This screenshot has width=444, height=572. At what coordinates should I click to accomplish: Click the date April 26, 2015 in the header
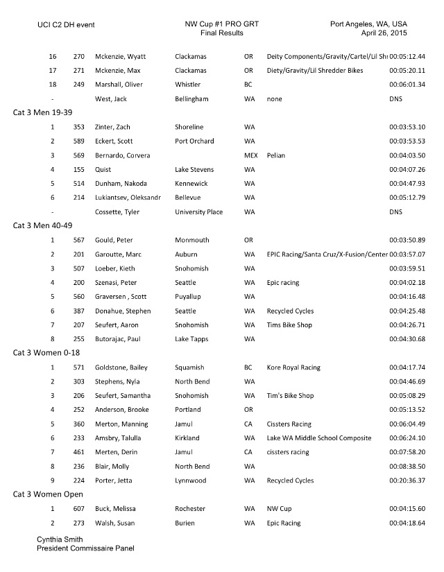384,33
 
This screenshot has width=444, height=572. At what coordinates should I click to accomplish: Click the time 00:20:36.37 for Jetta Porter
408,480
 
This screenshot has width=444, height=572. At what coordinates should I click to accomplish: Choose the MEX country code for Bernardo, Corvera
250,155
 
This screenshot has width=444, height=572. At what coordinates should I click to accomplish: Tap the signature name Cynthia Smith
61,539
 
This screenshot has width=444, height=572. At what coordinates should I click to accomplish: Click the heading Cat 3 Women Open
47,494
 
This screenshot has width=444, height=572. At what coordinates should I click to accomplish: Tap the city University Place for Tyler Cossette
199,211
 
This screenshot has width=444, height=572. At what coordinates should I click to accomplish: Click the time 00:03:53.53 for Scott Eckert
408,141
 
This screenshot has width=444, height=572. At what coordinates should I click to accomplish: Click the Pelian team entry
276,155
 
